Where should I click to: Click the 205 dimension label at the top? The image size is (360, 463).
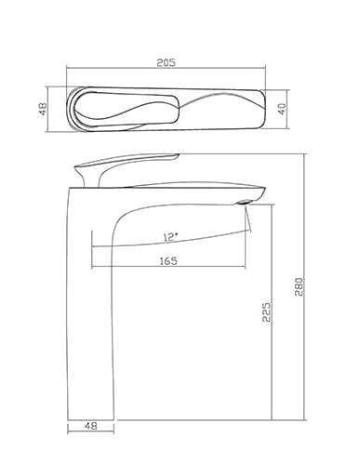tap(166, 62)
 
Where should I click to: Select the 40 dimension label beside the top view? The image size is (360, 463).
tap(282, 109)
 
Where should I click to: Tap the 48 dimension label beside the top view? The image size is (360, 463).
tap(43, 109)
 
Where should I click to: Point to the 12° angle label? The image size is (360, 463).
tap(171, 237)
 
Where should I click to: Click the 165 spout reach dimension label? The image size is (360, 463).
tap(168, 261)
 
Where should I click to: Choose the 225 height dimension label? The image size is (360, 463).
tap(267, 311)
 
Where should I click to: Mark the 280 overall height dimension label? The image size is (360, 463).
tap(299, 286)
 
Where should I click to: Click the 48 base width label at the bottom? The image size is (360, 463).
tap(91, 426)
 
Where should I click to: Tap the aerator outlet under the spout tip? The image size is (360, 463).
tap(244, 202)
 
